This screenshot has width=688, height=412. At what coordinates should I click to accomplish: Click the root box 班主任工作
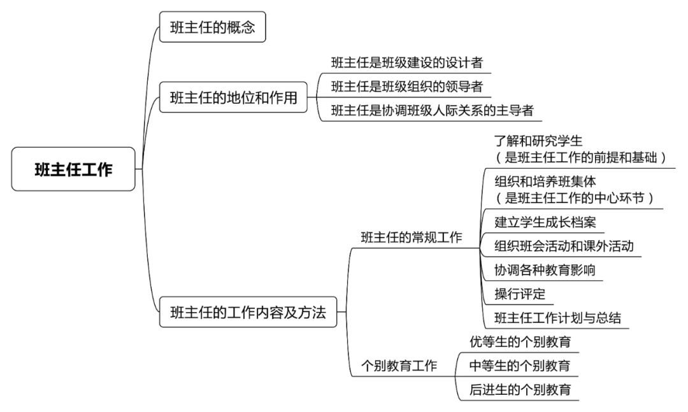coord(73,169)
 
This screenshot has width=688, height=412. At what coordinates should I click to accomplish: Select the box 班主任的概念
coord(212,27)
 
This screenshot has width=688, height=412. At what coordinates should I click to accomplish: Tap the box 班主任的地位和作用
coord(233,97)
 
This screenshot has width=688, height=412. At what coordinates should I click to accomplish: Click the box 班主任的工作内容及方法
coord(248,312)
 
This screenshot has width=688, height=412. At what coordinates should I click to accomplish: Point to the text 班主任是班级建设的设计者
coord(406,63)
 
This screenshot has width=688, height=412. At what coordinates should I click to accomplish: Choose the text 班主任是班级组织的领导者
coord(406,87)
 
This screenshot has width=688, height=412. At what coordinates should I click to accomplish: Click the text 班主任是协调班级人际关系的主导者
coord(432,110)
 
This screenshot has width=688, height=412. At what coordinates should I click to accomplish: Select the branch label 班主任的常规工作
coord(412,238)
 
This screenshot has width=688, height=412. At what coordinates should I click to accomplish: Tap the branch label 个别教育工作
coord(399,366)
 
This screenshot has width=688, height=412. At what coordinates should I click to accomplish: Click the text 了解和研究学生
coord(538,141)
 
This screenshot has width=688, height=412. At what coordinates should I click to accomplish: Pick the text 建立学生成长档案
coord(545,222)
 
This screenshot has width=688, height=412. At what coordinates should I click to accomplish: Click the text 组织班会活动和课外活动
coord(564,246)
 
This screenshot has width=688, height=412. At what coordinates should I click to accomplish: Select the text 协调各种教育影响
coord(545,270)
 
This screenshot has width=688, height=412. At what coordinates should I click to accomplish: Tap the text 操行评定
coord(520,294)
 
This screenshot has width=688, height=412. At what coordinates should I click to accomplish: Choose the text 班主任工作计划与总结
coord(557,318)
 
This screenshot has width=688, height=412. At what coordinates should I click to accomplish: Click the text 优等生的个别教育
coord(520,341)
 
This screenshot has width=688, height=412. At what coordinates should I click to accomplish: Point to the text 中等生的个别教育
coord(520,366)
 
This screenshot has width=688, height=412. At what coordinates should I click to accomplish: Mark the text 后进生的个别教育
coord(520,389)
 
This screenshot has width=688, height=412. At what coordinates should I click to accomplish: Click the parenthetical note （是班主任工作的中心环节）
coord(575,198)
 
